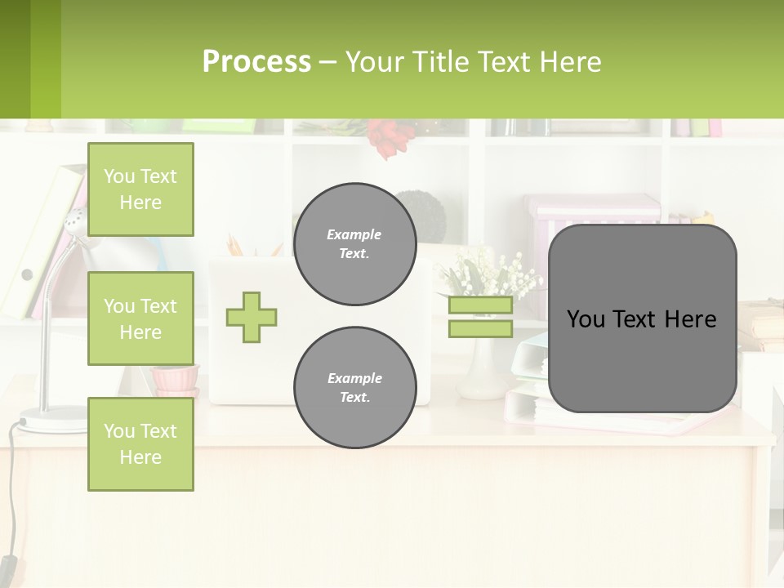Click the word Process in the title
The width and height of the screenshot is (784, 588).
point(256,62)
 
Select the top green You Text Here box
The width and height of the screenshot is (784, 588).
point(140,189)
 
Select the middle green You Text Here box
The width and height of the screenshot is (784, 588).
point(140,318)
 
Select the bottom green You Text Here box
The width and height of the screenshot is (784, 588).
point(140,444)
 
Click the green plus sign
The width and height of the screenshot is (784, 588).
point(252,317)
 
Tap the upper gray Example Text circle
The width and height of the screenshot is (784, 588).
point(354,244)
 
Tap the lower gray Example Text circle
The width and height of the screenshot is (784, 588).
point(354,388)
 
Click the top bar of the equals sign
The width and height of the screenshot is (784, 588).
point(481,305)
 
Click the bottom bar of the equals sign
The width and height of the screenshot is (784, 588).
point(481,329)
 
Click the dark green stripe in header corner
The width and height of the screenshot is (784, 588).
point(15,59)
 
